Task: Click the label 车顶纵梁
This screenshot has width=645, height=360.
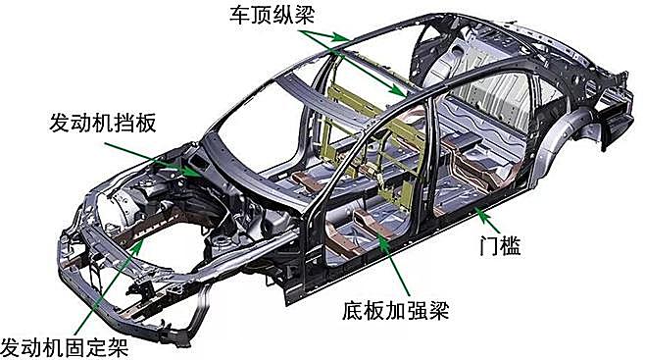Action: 273,14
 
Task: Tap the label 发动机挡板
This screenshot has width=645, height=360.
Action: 103,123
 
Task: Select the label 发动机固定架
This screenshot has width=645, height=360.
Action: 64,347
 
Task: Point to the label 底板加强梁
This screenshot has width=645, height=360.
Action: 395,311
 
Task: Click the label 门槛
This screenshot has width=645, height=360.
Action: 500,245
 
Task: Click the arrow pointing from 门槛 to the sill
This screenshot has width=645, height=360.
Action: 487,220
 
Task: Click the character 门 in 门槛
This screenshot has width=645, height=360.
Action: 489,245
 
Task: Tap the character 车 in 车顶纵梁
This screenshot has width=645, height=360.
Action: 240,14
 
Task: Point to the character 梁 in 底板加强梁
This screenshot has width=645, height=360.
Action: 438,311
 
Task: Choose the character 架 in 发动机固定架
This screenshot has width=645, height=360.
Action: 118,347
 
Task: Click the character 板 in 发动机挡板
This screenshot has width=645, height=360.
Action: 146,123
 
